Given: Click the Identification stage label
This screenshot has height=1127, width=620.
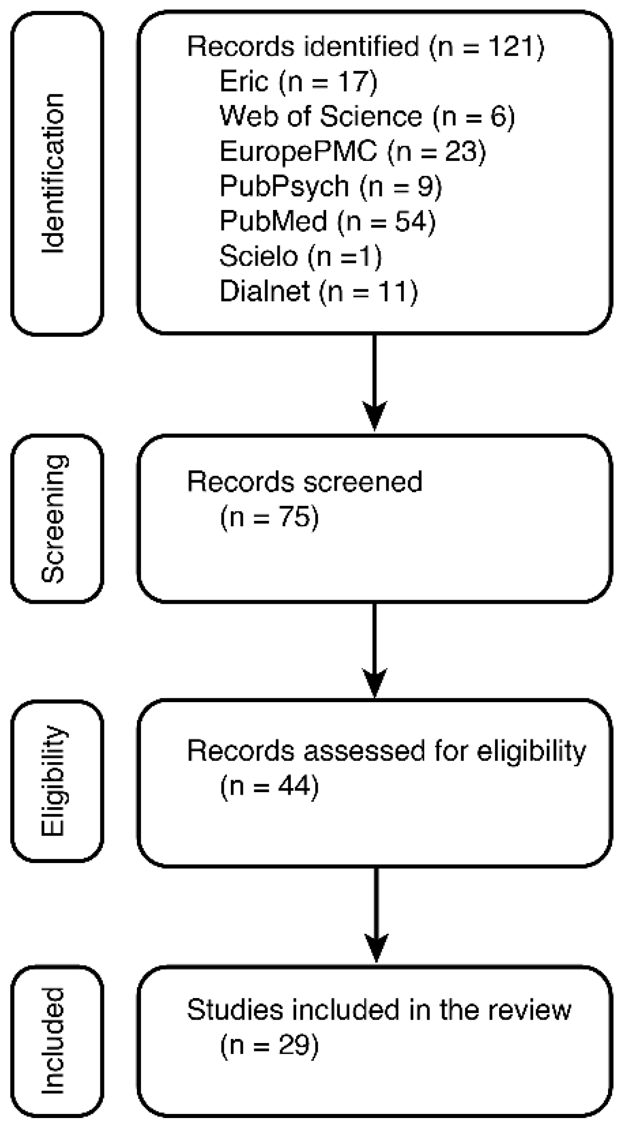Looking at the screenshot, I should coord(53,173).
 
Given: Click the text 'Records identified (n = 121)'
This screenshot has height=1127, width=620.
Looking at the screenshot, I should coord(365,46).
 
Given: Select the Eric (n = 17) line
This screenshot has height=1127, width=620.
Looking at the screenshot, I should coord(298,81).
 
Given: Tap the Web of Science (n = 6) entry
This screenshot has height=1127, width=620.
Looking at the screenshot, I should coord(367,116).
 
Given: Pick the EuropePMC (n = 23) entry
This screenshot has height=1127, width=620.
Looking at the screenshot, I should coord(352,151).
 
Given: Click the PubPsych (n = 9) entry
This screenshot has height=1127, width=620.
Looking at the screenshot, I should coord(331,186).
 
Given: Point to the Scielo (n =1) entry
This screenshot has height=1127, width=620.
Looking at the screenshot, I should coord(300,256).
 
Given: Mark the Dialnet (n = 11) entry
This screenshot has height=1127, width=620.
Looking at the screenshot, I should coord(318,291).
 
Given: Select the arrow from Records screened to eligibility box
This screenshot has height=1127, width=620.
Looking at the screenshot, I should coord(375,650).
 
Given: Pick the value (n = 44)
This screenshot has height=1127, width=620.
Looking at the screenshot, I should coord(269,786).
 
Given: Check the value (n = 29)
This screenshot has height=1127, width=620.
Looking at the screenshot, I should coord(269,1044).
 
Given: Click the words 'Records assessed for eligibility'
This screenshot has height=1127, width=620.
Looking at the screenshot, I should coord(386,751).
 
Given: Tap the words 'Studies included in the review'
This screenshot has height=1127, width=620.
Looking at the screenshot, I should coord(379,1009).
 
